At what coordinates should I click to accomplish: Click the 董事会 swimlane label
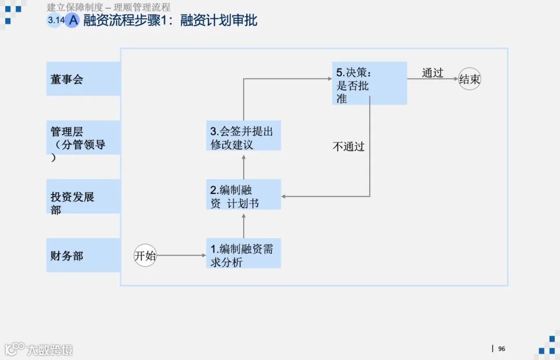tap(83, 79)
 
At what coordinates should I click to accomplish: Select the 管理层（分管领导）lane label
tap(83, 138)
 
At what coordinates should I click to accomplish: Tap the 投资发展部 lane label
tap(83, 197)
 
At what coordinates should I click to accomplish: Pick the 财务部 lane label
tap(83, 255)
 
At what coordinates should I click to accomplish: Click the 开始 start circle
tap(145, 255)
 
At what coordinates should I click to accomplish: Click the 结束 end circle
tap(470, 79)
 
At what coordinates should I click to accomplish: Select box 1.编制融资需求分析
tap(243, 255)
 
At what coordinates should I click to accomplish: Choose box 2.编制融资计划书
tap(243, 197)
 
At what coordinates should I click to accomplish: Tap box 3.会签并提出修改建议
tap(243, 137)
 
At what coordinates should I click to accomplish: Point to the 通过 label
tap(432, 73)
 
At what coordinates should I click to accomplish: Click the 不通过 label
tap(348, 146)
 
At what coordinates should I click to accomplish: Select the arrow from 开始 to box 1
tap(181, 255)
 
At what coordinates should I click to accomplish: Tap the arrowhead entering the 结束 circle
tap(456, 79)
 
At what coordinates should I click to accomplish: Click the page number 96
tap(501, 349)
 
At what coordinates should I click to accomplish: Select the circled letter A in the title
tap(73, 20)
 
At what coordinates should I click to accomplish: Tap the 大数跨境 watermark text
tap(50, 349)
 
